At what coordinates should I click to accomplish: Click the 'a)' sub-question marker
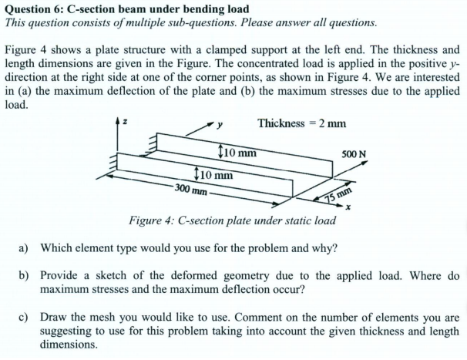click(x=24, y=248)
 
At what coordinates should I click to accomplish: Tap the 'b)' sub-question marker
click(x=24, y=274)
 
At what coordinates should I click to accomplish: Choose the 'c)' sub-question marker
click(x=24, y=318)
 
